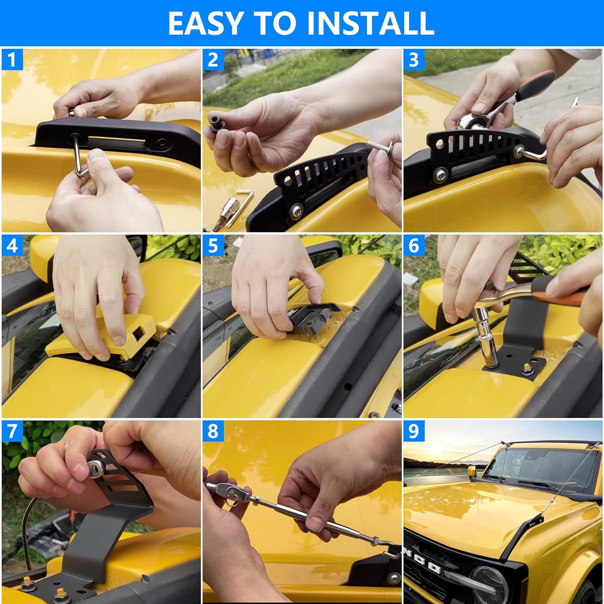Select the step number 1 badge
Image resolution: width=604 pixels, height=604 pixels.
click(12, 60)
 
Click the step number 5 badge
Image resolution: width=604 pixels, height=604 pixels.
click(213, 246)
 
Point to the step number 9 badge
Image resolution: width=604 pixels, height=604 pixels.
click(414, 431)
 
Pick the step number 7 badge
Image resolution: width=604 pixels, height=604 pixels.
click(12, 431)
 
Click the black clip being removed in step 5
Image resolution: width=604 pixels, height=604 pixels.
click(312, 318)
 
